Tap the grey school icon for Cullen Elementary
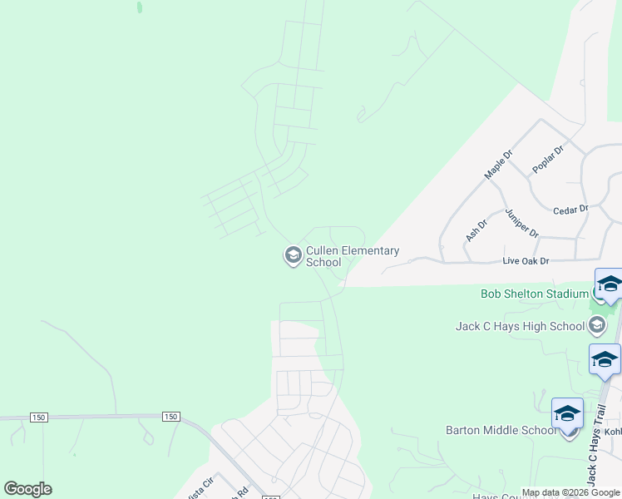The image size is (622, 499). pyautogui.click(x=293, y=255)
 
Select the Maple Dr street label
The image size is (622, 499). pyautogui.click(x=499, y=165)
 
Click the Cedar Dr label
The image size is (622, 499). pyautogui.click(x=570, y=209)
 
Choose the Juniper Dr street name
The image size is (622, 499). pyautogui.click(x=521, y=222)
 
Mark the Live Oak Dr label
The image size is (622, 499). pyautogui.click(x=526, y=261)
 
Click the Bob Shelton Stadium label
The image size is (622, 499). pyautogui.click(x=534, y=294)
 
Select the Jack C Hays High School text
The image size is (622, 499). pyautogui.click(x=521, y=327)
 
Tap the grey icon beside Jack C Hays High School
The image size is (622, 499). pyautogui.click(x=598, y=326)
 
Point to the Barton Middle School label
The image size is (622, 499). pyautogui.click(x=501, y=430)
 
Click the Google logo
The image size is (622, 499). pyautogui.click(x=28, y=489)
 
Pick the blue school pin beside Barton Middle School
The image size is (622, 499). pyautogui.click(x=567, y=414)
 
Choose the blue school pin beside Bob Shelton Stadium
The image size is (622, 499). pyautogui.click(x=609, y=285)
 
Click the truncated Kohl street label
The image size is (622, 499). pyautogui.click(x=613, y=431)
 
